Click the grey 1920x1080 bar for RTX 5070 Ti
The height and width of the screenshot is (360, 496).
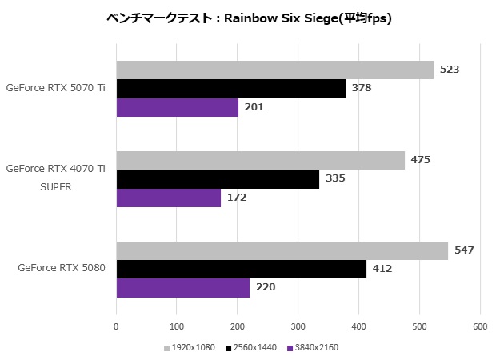point(274,70)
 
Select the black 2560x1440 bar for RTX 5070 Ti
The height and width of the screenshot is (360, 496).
point(230,88)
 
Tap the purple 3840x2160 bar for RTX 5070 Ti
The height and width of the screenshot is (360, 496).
point(177,107)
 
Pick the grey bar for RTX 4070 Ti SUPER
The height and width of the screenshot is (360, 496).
point(260,160)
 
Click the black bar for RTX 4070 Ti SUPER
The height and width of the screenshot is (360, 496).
point(218,178)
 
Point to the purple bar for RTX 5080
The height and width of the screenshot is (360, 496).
point(182,287)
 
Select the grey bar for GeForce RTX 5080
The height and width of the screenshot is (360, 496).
point(282,250)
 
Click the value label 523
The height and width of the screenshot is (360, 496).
point(449,70)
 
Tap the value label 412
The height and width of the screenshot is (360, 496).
point(382,269)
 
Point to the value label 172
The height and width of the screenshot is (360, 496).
point(236,197)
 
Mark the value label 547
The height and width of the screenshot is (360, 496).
point(464,250)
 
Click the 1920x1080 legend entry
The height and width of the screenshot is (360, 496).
point(190,348)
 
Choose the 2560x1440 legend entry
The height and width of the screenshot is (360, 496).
point(252,348)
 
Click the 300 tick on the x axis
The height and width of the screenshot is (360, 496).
point(298,326)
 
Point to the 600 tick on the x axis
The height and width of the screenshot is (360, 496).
point(479,326)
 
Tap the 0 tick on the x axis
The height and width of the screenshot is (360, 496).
point(116,326)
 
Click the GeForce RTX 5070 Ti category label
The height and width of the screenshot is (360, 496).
point(55,88)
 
